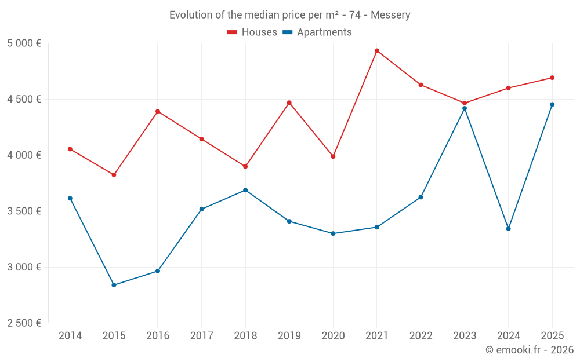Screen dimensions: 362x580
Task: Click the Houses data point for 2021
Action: [377, 51]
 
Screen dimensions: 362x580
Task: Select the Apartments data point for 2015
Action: [114, 285]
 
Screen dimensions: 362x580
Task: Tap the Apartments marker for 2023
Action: [465, 108]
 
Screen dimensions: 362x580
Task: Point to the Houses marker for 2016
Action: [158, 111]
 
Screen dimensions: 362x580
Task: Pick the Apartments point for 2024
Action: [509, 229]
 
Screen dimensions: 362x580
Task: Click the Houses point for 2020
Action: [333, 156]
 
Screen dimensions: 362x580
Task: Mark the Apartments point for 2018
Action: [245, 190]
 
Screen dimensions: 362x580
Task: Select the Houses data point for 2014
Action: [70, 149]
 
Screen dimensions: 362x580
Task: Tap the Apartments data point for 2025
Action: [552, 104]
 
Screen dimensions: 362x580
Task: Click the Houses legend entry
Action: [252, 32]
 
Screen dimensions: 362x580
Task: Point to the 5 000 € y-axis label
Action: [24, 43]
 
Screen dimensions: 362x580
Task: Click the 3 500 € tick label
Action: [24, 211]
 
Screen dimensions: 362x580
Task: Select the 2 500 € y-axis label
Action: [24, 323]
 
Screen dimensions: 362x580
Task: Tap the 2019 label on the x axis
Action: [289, 335]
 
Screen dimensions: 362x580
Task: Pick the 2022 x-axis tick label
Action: [420, 335]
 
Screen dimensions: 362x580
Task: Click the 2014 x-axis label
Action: [70, 335]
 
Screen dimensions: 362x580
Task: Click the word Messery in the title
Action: [390, 15]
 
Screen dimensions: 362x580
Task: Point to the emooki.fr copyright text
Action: [530, 350]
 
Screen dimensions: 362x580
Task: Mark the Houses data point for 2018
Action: [245, 166]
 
